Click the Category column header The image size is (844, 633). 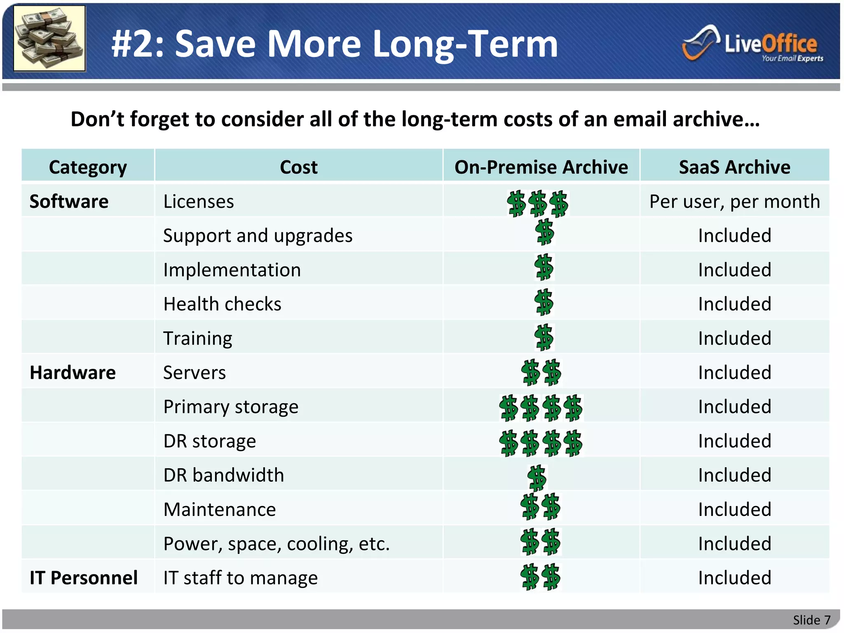[88, 167]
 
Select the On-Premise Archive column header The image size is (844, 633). [541, 167]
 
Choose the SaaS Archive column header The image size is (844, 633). [734, 167]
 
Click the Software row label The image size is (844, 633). [69, 202]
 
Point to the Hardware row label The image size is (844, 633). [73, 373]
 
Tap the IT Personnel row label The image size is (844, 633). [84, 578]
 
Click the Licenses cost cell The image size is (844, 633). [199, 202]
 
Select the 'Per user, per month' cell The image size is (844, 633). [734, 202]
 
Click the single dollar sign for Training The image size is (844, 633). [544, 338]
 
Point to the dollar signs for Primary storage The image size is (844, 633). [541, 408]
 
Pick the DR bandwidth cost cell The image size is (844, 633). [224, 475]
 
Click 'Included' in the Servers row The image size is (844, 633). [734, 373]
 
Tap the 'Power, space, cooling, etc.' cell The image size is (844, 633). [276, 544]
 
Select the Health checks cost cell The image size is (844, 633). [222, 304]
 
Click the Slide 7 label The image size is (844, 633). [811, 620]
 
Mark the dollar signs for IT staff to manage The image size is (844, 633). [540, 577]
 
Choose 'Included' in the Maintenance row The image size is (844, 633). [734, 509]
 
